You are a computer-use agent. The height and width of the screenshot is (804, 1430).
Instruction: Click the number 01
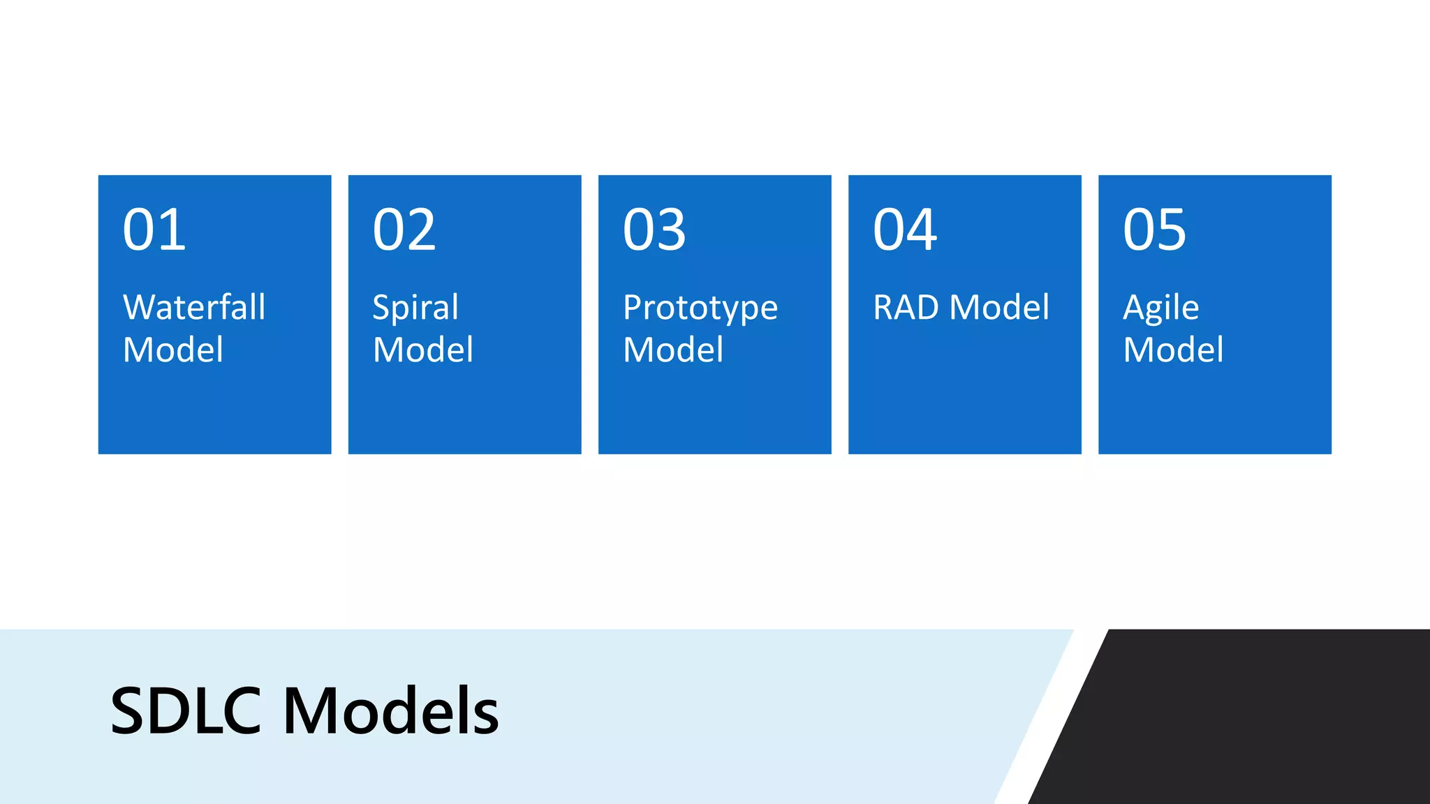pyautogui.click(x=154, y=230)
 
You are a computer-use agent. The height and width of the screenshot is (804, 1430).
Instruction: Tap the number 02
pyautogui.click(x=404, y=230)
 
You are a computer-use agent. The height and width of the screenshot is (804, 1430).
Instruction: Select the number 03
pyautogui.click(x=654, y=230)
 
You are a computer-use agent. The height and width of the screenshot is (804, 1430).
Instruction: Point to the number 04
pyautogui.click(x=905, y=230)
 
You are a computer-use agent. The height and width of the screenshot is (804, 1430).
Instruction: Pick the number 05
pyautogui.click(x=1154, y=230)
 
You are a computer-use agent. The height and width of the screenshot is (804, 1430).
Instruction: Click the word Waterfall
pyautogui.click(x=194, y=307)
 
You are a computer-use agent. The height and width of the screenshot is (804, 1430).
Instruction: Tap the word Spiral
pyautogui.click(x=415, y=308)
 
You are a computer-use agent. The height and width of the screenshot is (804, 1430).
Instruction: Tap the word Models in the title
pyautogui.click(x=391, y=711)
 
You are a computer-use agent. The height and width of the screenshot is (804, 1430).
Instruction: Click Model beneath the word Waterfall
pyautogui.click(x=173, y=350)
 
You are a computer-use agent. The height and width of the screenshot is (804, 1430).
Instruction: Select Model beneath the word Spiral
pyautogui.click(x=423, y=350)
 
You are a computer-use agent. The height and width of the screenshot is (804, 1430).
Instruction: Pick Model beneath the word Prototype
pyautogui.click(x=673, y=350)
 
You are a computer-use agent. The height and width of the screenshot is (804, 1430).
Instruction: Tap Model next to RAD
pyautogui.click(x=999, y=307)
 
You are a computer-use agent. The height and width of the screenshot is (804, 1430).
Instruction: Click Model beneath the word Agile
pyautogui.click(x=1173, y=350)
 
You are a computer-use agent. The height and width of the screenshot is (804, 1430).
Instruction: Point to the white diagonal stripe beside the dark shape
pyautogui.click(x=1051, y=719)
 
